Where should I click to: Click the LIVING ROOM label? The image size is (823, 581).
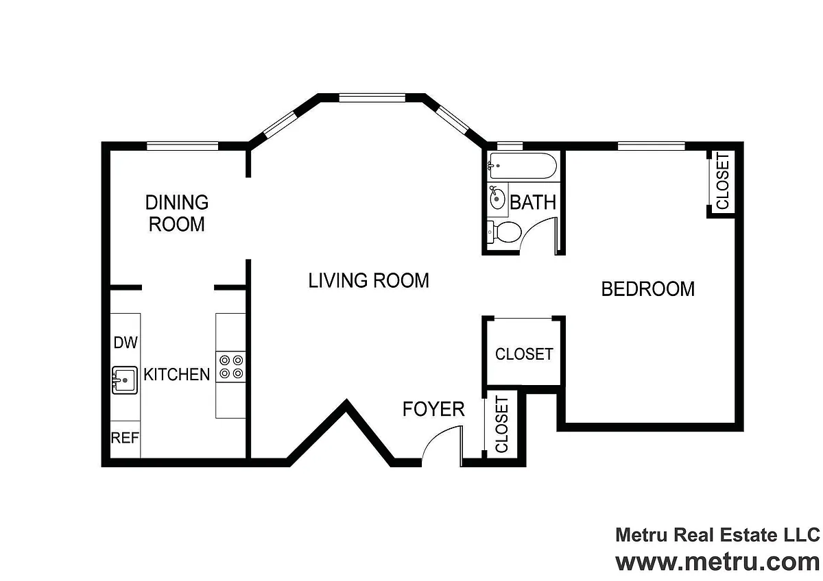pyautogui.click(x=368, y=280)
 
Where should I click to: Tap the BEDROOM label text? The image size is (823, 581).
pyautogui.click(x=647, y=289)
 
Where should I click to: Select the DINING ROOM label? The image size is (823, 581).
pyautogui.click(x=177, y=213)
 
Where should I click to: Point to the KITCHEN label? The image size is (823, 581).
pyautogui.click(x=176, y=374)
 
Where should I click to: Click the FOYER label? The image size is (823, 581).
pyautogui.click(x=433, y=409)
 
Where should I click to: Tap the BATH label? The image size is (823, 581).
pyautogui.click(x=533, y=203)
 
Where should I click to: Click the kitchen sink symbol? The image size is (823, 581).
pyautogui.click(x=125, y=380)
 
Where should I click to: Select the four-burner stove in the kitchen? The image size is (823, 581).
pyautogui.click(x=230, y=367)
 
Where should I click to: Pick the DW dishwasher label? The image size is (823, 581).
pyautogui.click(x=126, y=343)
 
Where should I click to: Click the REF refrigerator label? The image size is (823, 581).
pyautogui.click(x=125, y=438)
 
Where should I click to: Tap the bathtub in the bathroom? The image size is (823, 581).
pyautogui.click(x=522, y=166)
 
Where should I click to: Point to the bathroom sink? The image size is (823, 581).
pyautogui.click(x=497, y=198)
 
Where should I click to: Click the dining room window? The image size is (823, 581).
pyautogui.click(x=182, y=146)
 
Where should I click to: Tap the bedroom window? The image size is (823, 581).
pyautogui.click(x=652, y=146)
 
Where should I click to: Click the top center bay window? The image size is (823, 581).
pyautogui.click(x=372, y=97)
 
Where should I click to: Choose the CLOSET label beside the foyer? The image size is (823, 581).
pyautogui.click(x=502, y=424)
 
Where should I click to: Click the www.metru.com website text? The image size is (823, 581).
pyautogui.click(x=717, y=563)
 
